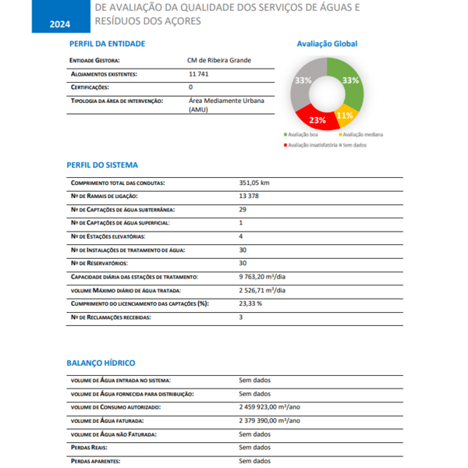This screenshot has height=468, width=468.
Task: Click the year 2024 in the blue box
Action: [59, 24]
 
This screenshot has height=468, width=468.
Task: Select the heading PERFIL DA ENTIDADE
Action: [107, 44]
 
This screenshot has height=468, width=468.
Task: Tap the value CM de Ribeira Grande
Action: [219, 60]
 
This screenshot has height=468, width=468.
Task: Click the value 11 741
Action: [199, 74]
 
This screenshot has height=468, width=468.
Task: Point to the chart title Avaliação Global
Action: [327, 44]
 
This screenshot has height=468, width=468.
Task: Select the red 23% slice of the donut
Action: [316, 119]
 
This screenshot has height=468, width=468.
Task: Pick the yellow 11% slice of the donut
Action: [344, 115]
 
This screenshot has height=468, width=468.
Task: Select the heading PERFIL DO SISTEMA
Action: [103, 165]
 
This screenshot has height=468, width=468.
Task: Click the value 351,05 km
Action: [254, 183]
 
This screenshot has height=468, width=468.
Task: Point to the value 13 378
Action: [249, 196]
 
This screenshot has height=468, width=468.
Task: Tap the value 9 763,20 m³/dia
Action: [262, 277]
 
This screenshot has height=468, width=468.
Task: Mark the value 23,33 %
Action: [250, 303]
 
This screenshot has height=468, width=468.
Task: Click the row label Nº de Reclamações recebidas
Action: [110, 317]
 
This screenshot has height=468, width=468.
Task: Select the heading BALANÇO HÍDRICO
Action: [101, 363]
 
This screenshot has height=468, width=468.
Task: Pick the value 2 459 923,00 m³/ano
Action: [270, 407]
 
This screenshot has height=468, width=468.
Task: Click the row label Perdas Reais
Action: [89, 448]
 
